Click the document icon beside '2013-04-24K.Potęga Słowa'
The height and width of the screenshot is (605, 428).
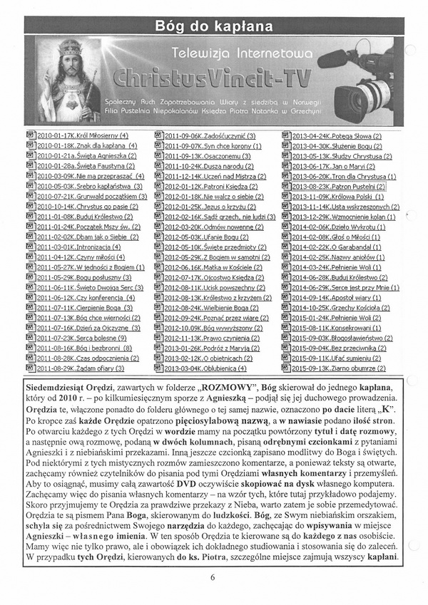[x=286, y=135]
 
